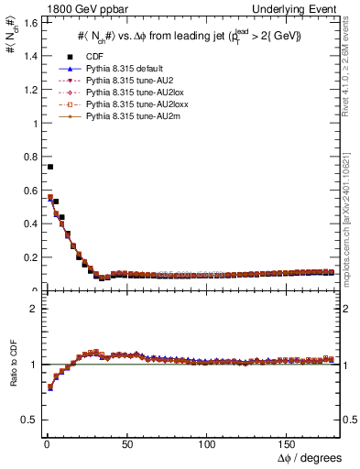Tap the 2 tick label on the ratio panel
click(x=31, y=309)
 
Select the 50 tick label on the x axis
click(x=126, y=442)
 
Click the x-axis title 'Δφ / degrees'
click(x=310, y=457)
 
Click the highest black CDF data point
click(x=49, y=167)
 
